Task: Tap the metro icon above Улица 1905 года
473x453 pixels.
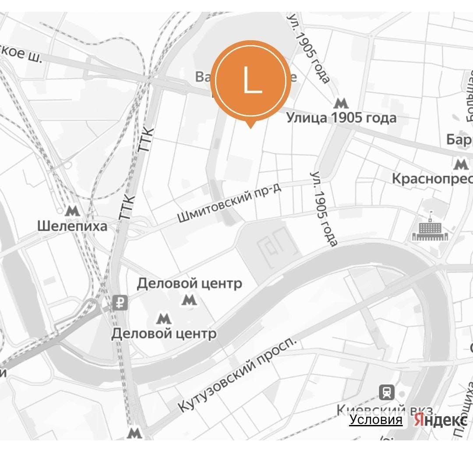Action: coord(340,104)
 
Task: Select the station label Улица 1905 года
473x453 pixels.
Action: coord(341,118)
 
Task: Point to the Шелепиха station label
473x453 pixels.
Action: coord(72,226)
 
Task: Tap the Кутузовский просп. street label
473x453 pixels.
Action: coord(237,376)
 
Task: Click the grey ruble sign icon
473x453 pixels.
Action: coord(120,302)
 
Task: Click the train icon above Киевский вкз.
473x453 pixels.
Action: coord(387,392)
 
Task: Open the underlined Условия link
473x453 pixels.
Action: coord(375,420)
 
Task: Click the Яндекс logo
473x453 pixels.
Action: coord(440,421)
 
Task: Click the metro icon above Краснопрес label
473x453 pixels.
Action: coord(461,165)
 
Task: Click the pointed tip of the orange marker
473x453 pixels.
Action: coord(250,127)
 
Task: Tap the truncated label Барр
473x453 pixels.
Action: coord(459,140)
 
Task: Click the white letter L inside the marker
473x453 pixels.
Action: coord(251,79)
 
